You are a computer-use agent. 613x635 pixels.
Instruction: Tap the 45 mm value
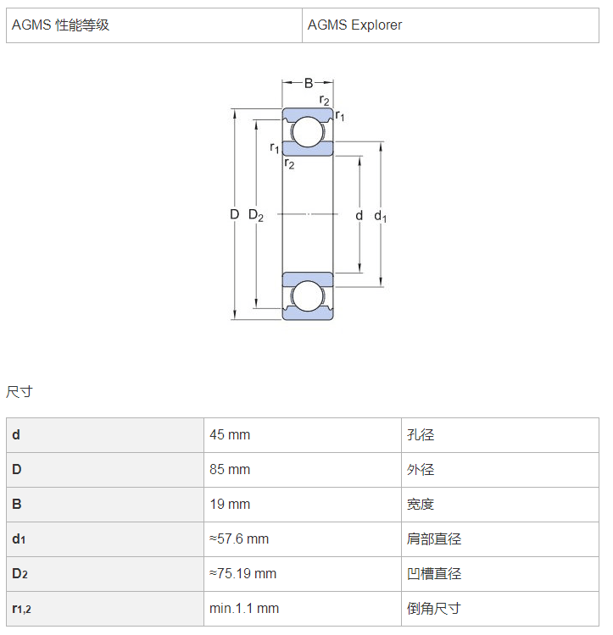tap(230, 435)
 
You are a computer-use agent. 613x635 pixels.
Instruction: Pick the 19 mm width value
tap(230, 505)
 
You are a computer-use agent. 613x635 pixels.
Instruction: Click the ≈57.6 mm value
tap(239, 539)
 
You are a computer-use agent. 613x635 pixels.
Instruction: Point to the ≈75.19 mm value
tap(242, 574)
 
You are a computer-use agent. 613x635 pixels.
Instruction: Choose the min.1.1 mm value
tap(244, 608)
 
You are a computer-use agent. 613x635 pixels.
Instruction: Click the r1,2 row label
tap(21, 609)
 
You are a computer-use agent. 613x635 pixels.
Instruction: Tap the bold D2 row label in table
tap(20, 574)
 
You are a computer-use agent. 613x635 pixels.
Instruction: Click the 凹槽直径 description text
tap(434, 574)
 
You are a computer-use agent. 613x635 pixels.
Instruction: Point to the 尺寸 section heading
tap(19, 392)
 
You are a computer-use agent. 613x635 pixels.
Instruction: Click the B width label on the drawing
tap(309, 83)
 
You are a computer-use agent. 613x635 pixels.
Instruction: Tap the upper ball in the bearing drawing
tap(308, 132)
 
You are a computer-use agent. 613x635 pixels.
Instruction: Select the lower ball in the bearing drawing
tap(308, 296)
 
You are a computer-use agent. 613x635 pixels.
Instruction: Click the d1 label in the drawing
tap(381, 216)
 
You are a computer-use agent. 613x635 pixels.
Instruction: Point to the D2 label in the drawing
tap(256, 215)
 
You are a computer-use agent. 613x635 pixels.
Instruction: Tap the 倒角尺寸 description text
tap(434, 608)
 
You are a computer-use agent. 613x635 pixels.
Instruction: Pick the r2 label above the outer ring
tap(325, 100)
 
